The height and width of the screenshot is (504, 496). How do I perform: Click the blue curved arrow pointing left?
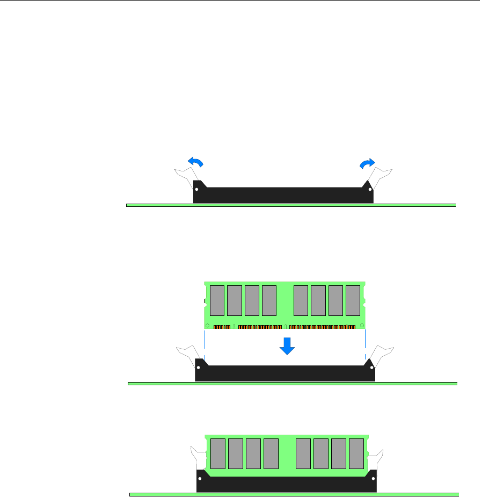click(x=196, y=162)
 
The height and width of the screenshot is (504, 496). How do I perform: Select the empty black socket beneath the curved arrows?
click(x=283, y=195)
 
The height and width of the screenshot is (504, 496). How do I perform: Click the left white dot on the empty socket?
click(x=197, y=189)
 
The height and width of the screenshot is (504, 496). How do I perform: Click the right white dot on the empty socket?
click(x=369, y=189)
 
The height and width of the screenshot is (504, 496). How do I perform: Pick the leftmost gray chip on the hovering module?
click(x=217, y=300)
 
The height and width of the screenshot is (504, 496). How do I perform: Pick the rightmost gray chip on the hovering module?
click(x=353, y=300)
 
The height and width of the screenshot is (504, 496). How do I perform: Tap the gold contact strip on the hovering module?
click(x=285, y=326)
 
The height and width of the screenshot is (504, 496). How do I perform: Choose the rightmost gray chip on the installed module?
click(x=356, y=453)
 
